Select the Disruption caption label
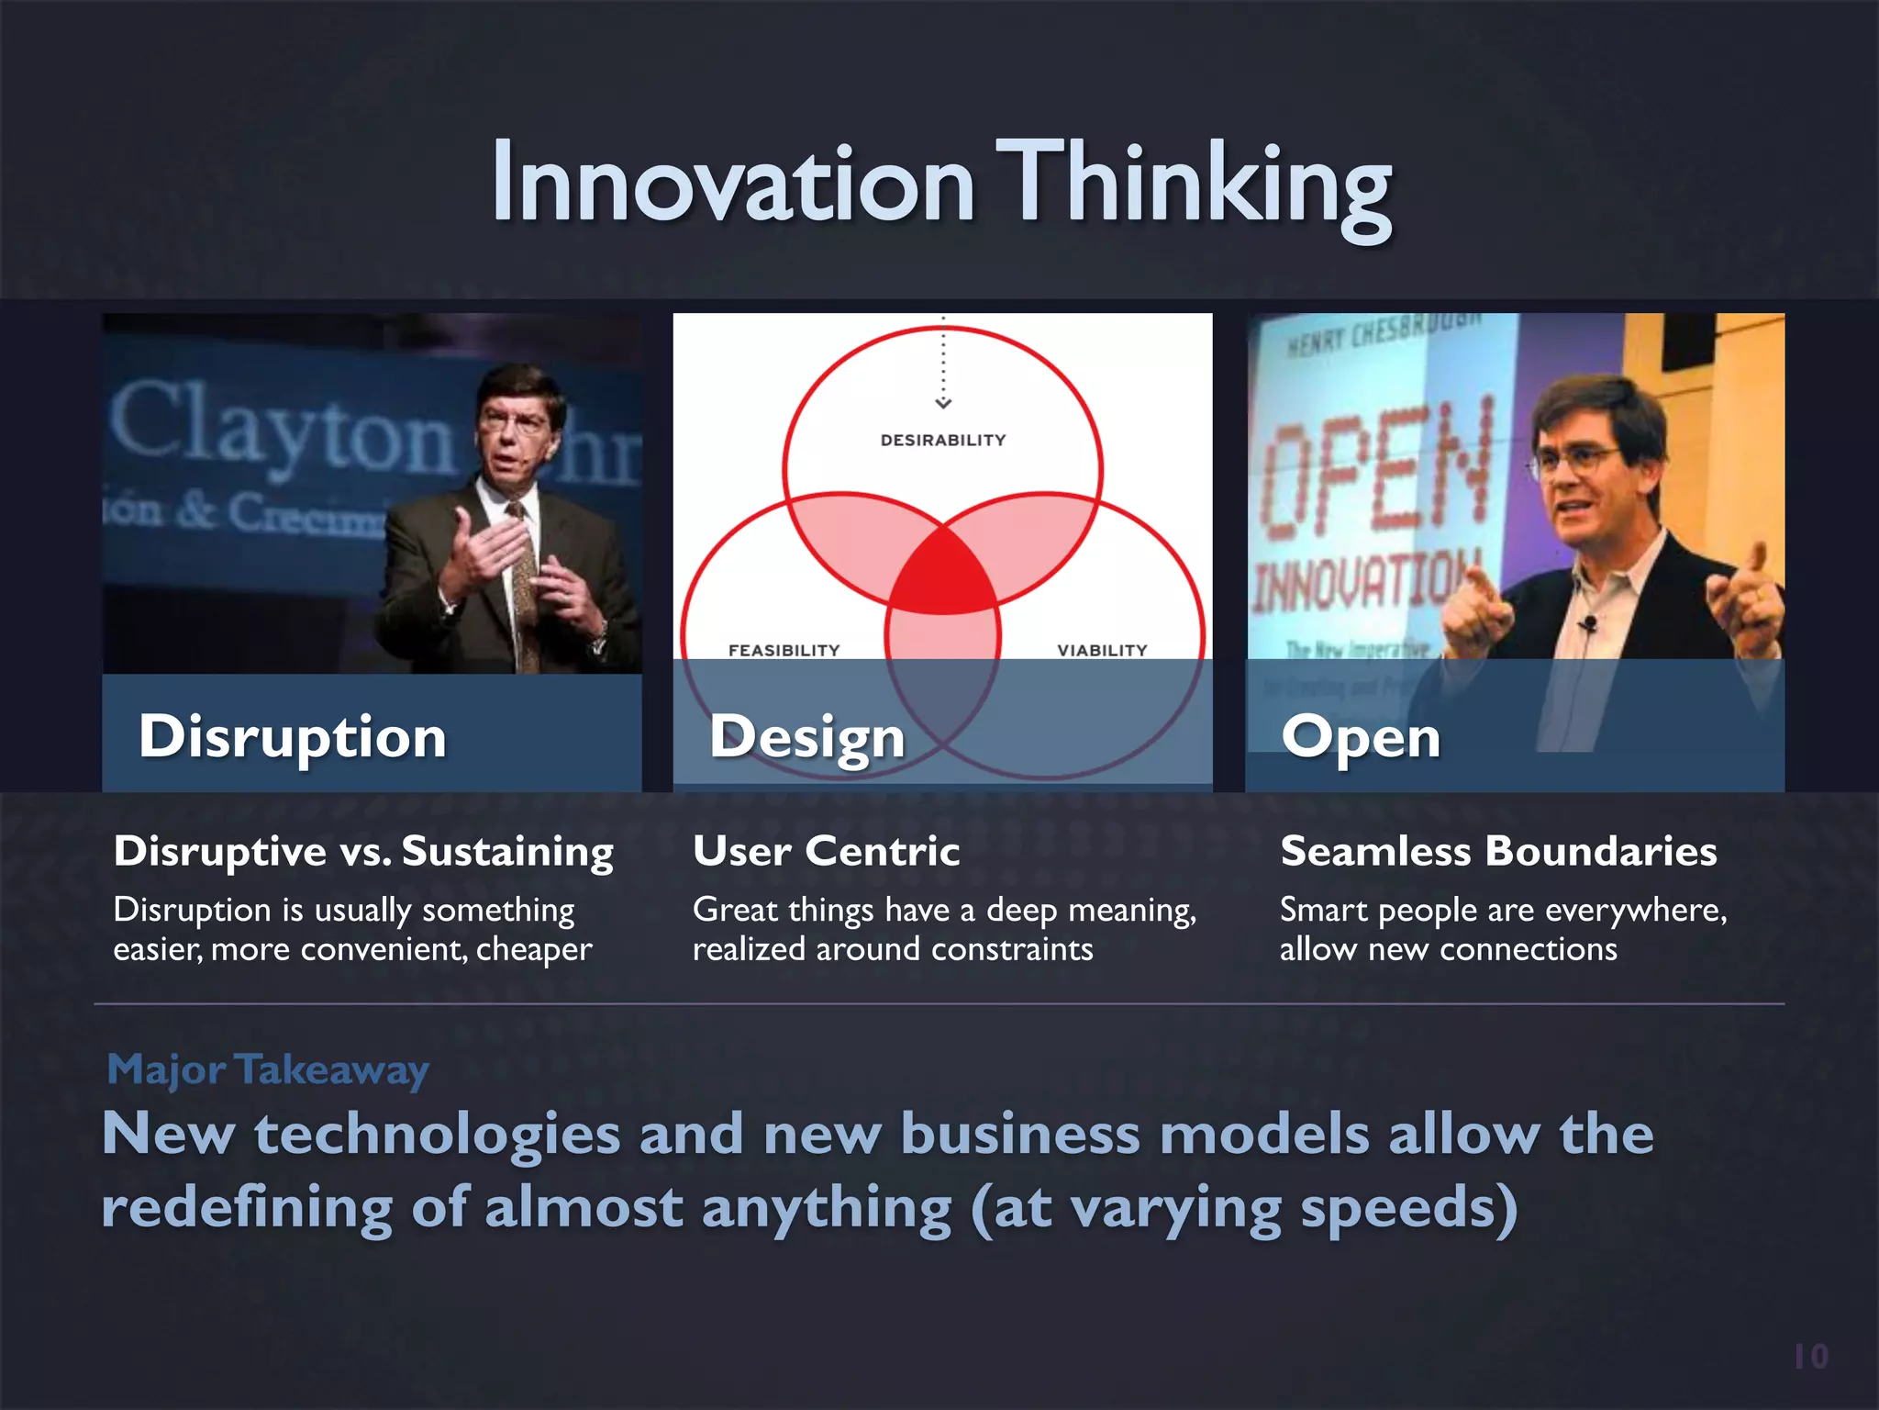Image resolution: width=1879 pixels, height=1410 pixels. (292, 736)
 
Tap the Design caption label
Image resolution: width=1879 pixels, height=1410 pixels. (806, 736)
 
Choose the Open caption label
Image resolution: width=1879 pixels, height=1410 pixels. (1361, 736)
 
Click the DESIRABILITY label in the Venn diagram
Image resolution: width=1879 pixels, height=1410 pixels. (942, 441)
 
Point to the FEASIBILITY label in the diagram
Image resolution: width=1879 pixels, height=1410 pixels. (784, 650)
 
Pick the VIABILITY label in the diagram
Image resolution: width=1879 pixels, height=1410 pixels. (1101, 650)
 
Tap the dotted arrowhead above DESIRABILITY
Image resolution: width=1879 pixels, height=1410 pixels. (943, 402)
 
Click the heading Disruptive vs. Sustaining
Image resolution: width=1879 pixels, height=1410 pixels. (363, 851)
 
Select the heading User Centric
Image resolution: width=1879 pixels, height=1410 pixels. (826, 851)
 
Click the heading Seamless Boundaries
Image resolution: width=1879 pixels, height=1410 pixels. (1498, 851)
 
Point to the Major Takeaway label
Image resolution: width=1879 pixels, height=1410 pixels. (268, 1070)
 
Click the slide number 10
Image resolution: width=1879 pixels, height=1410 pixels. (1810, 1357)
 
